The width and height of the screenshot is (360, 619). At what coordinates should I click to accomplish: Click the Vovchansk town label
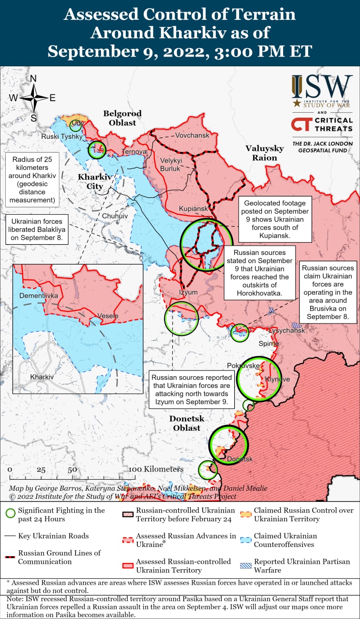pyautogui.click(x=192, y=135)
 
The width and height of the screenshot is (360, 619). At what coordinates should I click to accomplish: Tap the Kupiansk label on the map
pyautogui.click(x=194, y=208)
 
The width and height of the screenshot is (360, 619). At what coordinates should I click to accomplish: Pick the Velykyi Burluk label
pyautogui.click(x=170, y=165)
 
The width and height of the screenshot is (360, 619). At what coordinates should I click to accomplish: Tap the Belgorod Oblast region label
pyautogui.click(x=122, y=118)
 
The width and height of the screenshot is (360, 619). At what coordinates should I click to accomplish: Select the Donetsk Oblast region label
pyautogui.click(x=187, y=423)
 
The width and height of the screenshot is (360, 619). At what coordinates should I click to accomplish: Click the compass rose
pyautogui.click(x=33, y=98)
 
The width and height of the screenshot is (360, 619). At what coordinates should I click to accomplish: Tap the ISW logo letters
pyautogui.click(x=322, y=87)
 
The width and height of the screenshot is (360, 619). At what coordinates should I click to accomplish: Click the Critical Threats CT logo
pyautogui.click(x=300, y=124)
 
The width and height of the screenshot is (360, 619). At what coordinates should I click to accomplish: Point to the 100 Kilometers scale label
pyautogui.click(x=156, y=469)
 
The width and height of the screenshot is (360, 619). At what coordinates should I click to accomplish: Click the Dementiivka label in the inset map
pyautogui.click(x=39, y=295)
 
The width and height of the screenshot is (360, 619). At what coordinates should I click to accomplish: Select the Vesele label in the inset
pyautogui.click(x=107, y=316)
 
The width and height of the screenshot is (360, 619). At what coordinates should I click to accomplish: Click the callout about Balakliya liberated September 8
pyautogui.click(x=38, y=229)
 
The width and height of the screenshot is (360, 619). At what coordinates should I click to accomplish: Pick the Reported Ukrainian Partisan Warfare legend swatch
pyautogui.click(x=246, y=566)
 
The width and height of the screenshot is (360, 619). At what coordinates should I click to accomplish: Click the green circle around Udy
pyautogui.click(x=75, y=126)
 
